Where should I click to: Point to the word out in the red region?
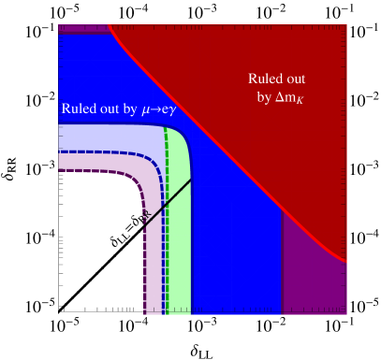point(296,79)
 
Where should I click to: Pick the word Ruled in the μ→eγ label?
point(79,108)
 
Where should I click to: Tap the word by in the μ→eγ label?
point(130,108)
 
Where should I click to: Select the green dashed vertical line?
point(167,234)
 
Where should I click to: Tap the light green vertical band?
point(180,262)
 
